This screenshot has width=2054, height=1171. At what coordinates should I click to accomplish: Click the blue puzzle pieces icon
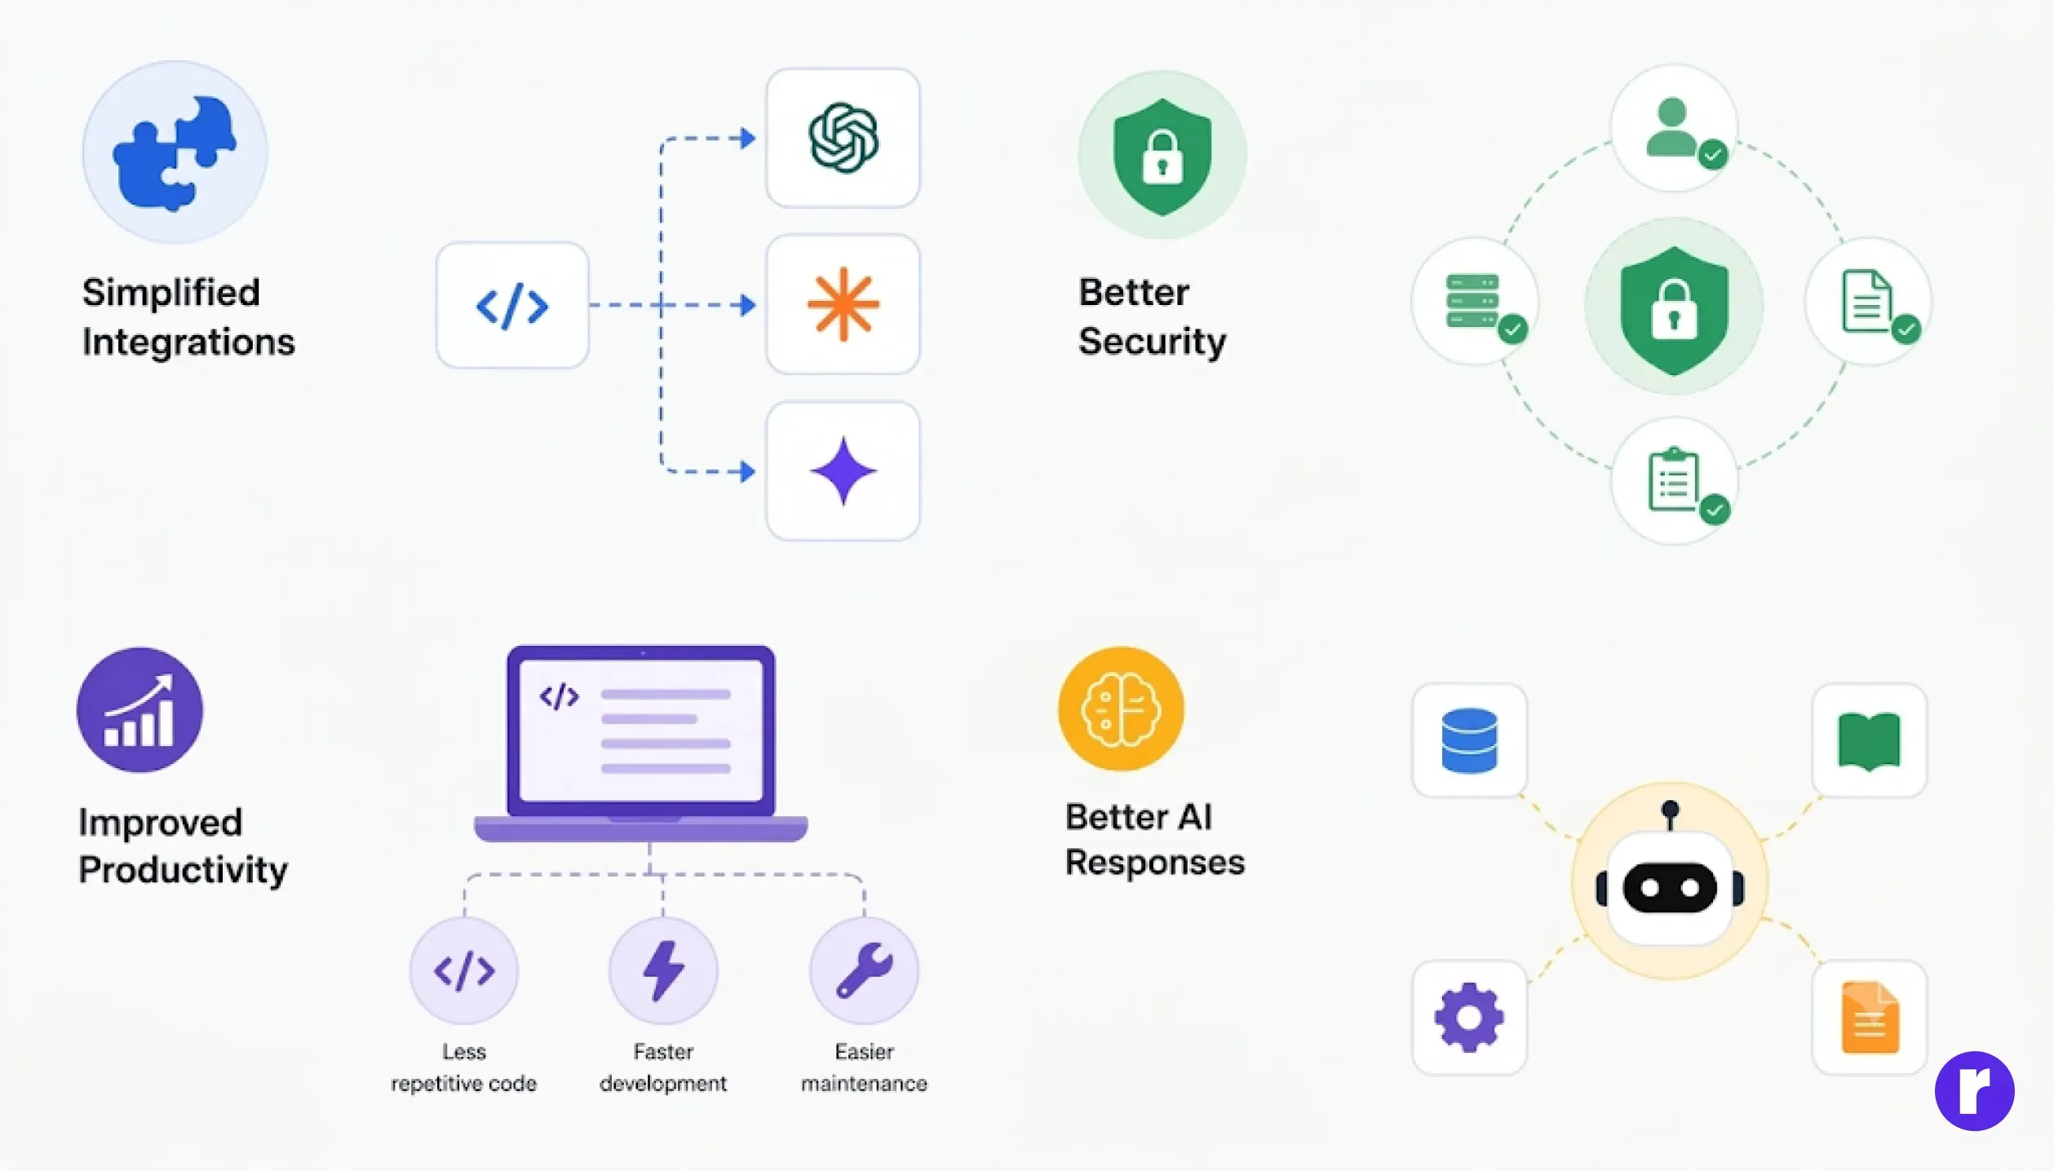click(175, 153)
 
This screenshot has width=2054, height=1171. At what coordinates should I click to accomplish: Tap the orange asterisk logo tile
click(843, 304)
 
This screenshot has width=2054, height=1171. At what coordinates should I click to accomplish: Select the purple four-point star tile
click(843, 471)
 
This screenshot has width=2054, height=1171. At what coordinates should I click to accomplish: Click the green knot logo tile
click(843, 138)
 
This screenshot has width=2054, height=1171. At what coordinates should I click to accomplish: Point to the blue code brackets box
click(512, 305)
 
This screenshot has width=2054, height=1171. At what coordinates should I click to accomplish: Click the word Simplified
click(171, 292)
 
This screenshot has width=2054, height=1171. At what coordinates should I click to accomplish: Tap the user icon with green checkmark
click(1675, 129)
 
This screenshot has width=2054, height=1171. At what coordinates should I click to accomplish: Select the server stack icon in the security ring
click(1476, 302)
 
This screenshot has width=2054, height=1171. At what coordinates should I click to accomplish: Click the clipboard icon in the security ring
click(1675, 481)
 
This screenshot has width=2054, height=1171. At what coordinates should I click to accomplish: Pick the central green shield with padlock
click(1674, 307)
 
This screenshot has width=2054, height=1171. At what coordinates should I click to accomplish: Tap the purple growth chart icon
click(140, 709)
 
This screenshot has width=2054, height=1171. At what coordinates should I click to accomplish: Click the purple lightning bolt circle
click(663, 970)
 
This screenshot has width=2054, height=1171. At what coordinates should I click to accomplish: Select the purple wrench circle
click(864, 970)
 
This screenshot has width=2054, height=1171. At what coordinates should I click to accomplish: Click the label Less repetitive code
click(463, 1067)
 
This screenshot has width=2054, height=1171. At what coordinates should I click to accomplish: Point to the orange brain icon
click(1121, 709)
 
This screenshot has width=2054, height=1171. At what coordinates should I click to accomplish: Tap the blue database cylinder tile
click(1469, 740)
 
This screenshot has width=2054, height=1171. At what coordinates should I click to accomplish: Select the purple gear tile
click(1469, 1017)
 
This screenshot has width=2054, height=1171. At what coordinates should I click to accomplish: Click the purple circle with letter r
click(1974, 1091)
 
